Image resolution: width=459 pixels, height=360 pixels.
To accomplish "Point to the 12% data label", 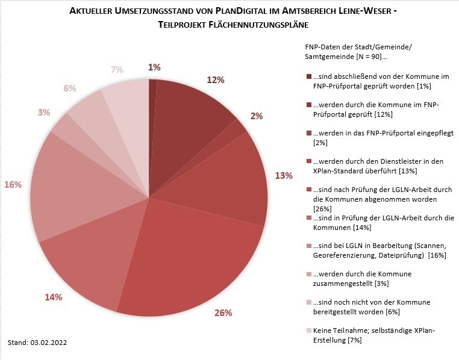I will pyautogui.click(x=216, y=79).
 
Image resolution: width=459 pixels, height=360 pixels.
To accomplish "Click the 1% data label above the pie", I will pyautogui.click(x=155, y=67).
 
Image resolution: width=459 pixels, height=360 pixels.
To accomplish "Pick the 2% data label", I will pyautogui.click(x=257, y=116).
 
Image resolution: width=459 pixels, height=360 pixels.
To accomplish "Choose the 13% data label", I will pyautogui.click(x=284, y=175).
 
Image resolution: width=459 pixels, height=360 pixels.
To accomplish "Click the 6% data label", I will pyautogui.click(x=69, y=88).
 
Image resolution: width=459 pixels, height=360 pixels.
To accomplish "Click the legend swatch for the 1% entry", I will pyautogui.click(x=309, y=76).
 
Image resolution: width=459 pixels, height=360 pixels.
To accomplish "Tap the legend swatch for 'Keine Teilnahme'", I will pyautogui.click(x=309, y=331).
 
